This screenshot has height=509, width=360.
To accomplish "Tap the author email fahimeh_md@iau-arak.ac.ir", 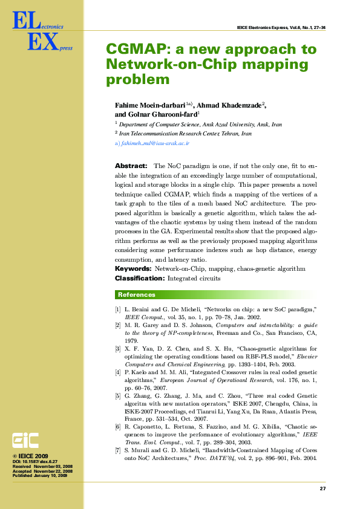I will click(x=155, y=144).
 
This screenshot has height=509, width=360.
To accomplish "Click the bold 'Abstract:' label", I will click(x=131, y=166).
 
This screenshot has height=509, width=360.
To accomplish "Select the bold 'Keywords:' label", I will click(x=133, y=268).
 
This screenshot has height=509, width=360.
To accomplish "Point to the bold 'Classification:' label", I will click(x=139, y=278).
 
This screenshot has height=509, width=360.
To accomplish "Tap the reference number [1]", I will click(x=117, y=310).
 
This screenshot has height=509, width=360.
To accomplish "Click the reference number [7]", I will click(x=117, y=451).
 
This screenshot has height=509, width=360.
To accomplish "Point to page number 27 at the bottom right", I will click(x=322, y=488).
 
